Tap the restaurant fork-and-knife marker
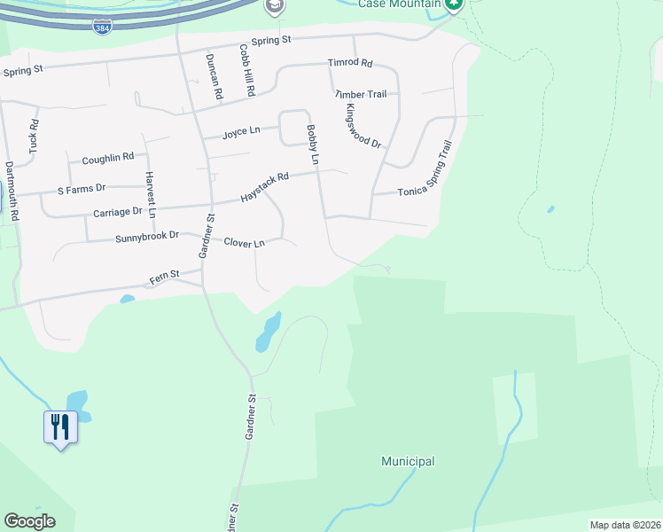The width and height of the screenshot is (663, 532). coord(60,427)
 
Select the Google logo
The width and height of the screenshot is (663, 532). coord(29,521)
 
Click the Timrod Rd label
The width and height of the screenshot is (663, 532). coord(350,64)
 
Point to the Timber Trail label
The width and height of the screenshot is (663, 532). coord(361,94)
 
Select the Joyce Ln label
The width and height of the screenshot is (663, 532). coord(241,131)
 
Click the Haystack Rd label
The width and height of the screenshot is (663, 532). coord(264,190)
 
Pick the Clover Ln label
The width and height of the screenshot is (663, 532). coord(244,242)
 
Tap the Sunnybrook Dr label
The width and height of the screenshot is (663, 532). coord(147,237)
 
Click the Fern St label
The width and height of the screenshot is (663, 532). coord(165,278)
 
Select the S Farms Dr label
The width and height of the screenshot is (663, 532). coord(82,188)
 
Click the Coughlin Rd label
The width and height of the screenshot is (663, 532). coord(107,158)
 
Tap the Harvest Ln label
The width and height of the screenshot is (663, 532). coord(151,194)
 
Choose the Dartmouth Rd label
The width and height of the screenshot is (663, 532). coord(11,190)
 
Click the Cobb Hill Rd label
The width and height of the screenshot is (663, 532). coord(246,72)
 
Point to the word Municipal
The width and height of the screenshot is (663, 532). coord(408,461)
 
